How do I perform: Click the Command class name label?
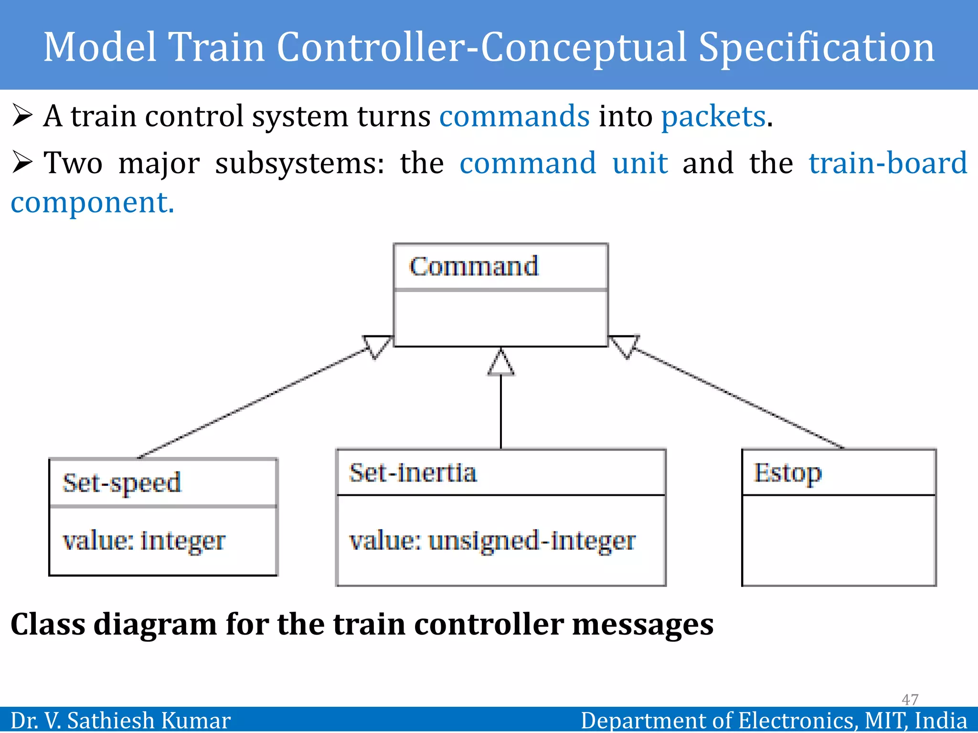[x=474, y=266]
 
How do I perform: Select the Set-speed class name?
[x=122, y=483]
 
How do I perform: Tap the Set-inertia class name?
[x=413, y=473]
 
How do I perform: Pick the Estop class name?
[x=787, y=473]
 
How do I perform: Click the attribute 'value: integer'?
[x=144, y=541]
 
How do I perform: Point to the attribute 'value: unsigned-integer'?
[x=492, y=541]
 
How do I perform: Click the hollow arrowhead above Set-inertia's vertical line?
[x=501, y=364]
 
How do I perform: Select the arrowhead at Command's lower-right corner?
[x=624, y=346]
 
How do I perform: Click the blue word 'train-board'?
[x=888, y=163]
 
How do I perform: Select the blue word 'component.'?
[x=93, y=202]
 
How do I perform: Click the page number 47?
[x=910, y=699]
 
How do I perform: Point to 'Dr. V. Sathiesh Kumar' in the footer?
[x=120, y=720]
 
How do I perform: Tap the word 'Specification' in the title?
[x=816, y=47]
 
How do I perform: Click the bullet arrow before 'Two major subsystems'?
[x=22, y=162]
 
